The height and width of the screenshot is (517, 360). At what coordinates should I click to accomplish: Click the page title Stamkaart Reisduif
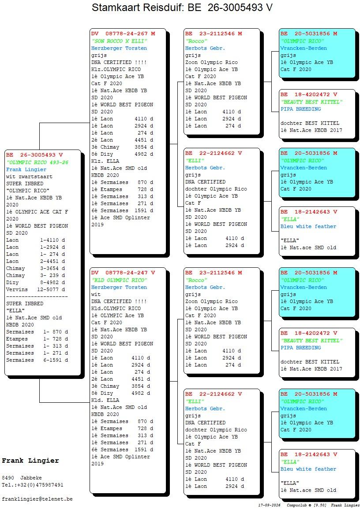(137, 7)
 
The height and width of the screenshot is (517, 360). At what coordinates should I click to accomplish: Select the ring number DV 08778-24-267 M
(123, 34)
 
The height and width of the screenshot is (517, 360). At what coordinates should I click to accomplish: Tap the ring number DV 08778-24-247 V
(123, 273)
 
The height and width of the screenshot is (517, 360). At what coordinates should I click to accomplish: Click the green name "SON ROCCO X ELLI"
(120, 41)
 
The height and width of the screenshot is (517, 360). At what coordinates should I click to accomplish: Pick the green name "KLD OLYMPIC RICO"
(120, 280)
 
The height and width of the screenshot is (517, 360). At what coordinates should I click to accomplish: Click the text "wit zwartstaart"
(29, 176)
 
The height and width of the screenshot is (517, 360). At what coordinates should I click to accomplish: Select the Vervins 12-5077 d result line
(36, 289)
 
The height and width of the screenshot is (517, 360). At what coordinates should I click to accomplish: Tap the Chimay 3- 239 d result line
(36, 275)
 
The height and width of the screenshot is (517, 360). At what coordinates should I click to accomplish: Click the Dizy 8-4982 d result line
(36, 283)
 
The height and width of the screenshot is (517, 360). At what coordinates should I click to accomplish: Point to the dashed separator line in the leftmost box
(37, 296)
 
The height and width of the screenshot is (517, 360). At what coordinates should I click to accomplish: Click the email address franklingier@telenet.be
(37, 499)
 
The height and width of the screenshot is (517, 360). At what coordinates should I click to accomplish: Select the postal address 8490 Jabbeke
(22, 478)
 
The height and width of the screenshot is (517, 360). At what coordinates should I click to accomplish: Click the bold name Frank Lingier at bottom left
(30, 461)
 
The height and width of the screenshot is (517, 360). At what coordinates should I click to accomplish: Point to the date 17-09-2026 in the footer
(270, 505)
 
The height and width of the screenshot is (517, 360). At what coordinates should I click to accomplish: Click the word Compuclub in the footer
(297, 505)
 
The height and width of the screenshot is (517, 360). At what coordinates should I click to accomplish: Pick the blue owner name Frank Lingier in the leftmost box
(26, 169)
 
